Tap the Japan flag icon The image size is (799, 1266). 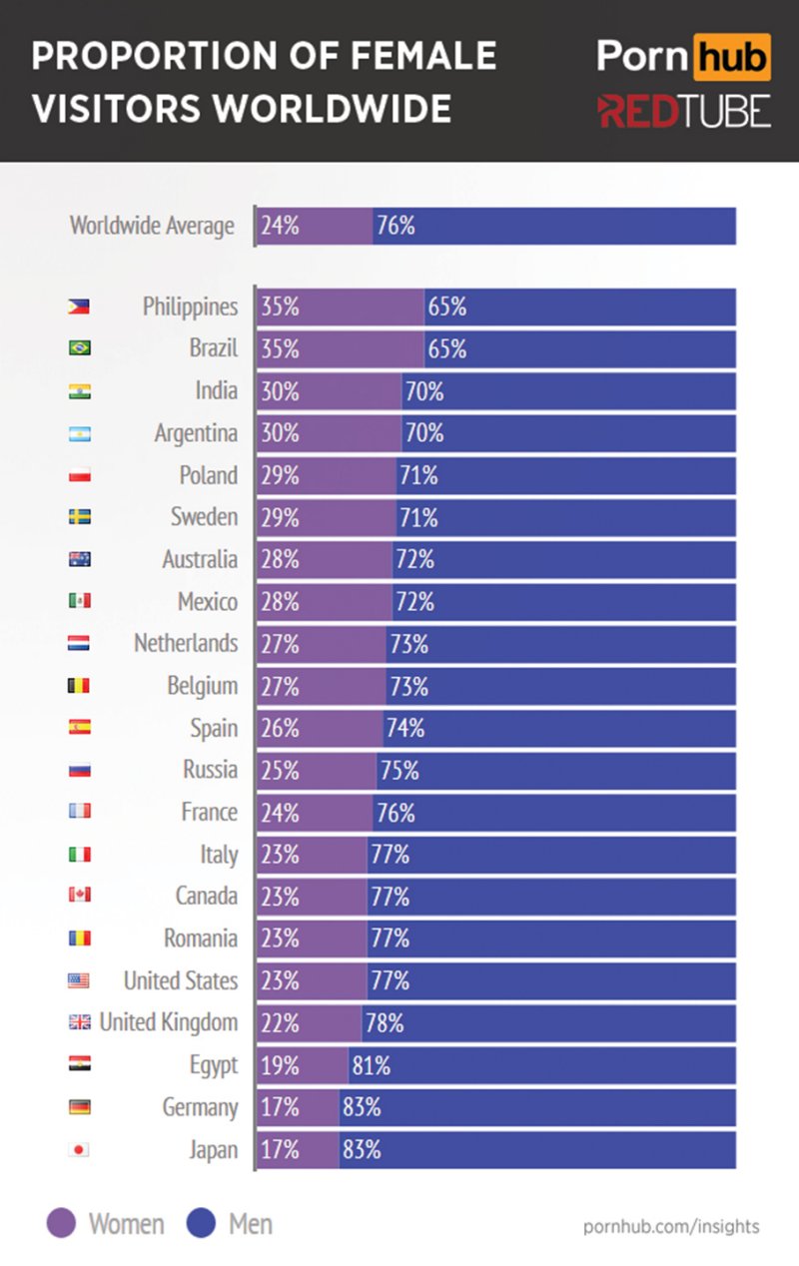[x=79, y=1149]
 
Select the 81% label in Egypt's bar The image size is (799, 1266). [x=371, y=1066]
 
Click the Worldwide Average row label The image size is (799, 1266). [x=152, y=226]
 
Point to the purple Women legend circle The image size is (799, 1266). [x=62, y=1224]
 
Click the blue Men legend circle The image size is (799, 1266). [x=203, y=1224]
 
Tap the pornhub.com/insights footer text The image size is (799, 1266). [x=671, y=1226]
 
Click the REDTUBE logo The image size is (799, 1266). [x=684, y=112]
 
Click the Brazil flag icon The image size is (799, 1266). [x=79, y=348]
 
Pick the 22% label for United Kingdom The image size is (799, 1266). [x=281, y=1023]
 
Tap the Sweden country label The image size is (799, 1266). [x=204, y=517]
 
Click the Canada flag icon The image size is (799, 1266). [x=79, y=896]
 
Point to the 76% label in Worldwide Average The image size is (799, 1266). [x=396, y=227]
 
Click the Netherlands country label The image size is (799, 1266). [x=186, y=643]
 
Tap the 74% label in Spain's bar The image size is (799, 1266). [x=404, y=729]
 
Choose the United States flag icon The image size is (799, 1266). [x=79, y=980]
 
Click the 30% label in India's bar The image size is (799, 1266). [x=281, y=391]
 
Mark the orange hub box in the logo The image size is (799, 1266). [x=731, y=57]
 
